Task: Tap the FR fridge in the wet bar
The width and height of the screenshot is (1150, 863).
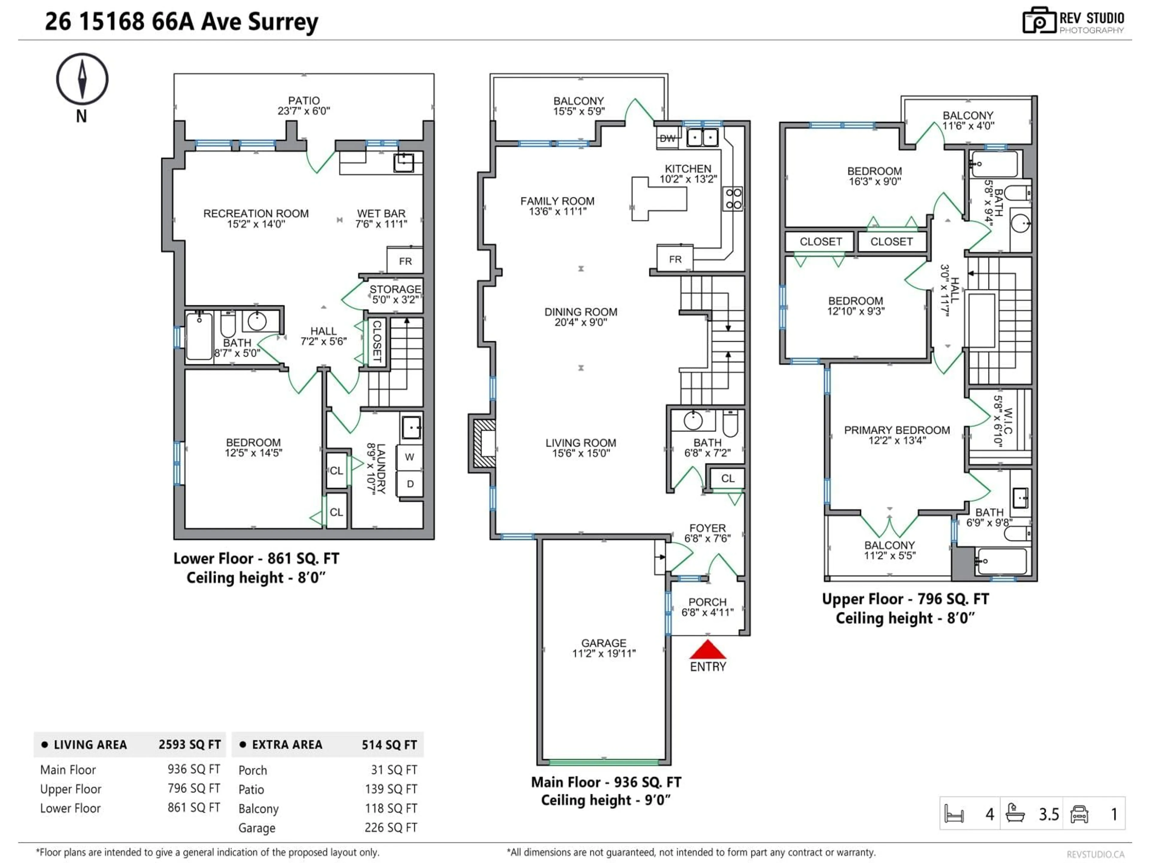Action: (x=405, y=261)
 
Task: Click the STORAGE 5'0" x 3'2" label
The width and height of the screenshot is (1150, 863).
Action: (x=395, y=294)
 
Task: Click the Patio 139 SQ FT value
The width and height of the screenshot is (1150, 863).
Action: (x=391, y=789)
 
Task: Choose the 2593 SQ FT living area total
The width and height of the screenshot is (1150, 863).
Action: (x=189, y=744)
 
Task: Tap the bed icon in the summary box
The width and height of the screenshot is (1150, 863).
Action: (x=954, y=814)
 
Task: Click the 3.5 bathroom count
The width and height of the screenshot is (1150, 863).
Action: (x=1048, y=814)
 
